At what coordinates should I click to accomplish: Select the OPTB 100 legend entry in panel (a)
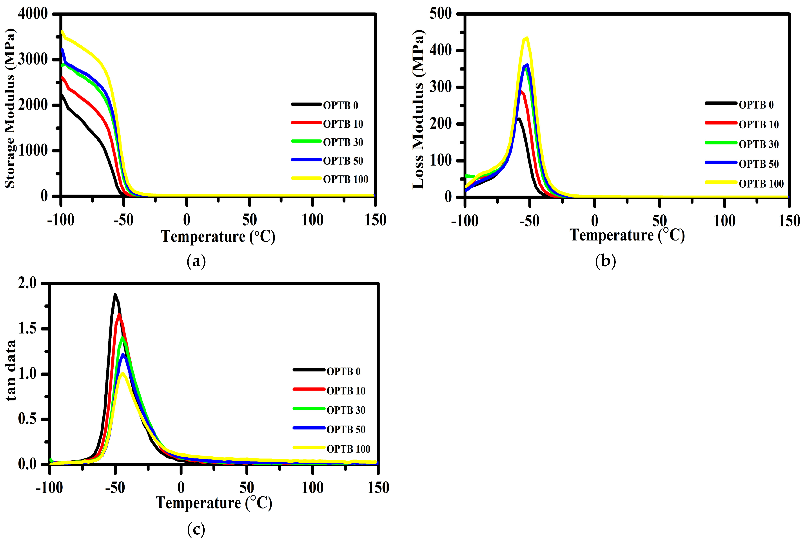pos(345,179)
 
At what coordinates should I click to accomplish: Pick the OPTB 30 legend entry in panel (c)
pos(345,410)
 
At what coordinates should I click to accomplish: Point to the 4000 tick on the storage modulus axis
pos(33,14)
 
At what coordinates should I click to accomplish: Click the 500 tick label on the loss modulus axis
pos(441,14)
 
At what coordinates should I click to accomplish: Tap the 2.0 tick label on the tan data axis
pos(27,283)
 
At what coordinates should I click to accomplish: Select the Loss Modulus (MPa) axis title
pos(418,109)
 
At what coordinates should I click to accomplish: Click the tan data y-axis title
pos(11,371)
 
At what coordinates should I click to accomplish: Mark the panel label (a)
pos(196,261)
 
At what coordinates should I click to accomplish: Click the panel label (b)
pos(605,261)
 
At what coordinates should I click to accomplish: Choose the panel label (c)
pos(196,529)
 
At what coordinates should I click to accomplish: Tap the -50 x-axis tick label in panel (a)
pos(124,220)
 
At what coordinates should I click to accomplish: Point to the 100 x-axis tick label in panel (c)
pos(312,488)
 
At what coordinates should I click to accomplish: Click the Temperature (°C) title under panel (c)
pos(214,503)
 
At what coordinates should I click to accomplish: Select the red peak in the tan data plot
pos(119,314)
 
